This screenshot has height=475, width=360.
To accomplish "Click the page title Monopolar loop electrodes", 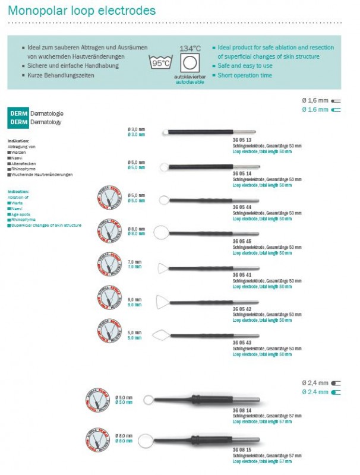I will (82, 11).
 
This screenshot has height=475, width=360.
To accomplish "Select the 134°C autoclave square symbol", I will (190, 64).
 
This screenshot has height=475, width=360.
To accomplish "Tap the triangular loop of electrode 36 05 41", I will (163, 268).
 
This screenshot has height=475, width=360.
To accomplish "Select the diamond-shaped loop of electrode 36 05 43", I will (162, 335).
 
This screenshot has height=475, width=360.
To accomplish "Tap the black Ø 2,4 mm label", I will (315, 383).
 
